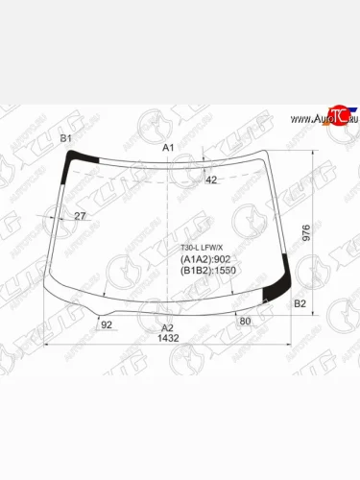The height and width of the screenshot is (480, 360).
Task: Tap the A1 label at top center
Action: (x=168, y=147)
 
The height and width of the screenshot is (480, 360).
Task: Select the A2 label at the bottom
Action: (x=168, y=327)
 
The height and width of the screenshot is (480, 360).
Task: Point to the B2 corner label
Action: (x=300, y=303)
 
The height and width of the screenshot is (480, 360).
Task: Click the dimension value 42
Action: (x=212, y=180)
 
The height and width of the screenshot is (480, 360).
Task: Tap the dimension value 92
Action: (x=107, y=324)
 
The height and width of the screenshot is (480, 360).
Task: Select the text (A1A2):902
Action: (x=205, y=259)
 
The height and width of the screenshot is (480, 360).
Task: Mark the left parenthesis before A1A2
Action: (x=183, y=259)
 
